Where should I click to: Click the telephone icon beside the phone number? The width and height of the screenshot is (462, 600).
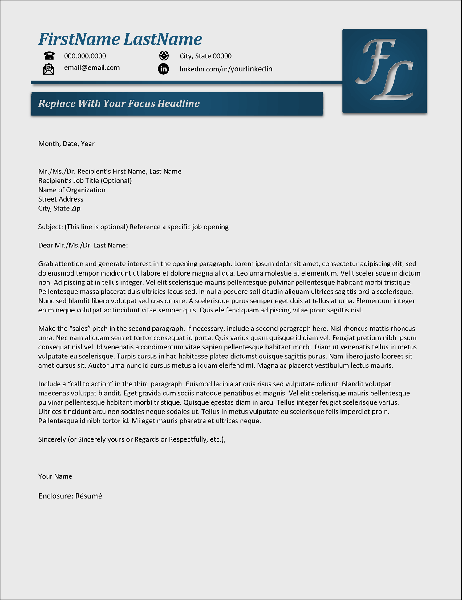tap(49, 56)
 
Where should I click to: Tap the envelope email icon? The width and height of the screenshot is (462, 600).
tap(49, 69)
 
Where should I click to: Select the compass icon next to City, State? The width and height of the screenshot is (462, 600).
tap(164, 56)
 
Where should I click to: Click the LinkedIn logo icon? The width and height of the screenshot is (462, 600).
tap(164, 69)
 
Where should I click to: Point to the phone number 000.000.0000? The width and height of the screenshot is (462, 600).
tap(85, 56)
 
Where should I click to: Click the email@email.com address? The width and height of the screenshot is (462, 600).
tap(92, 68)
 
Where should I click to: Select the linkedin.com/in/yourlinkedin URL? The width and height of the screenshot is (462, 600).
tap(226, 69)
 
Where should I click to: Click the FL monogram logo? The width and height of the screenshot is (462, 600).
tap(384, 71)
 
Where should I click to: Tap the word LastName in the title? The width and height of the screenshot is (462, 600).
tap(163, 39)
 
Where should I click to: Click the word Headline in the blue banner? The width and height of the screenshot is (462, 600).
tap(179, 104)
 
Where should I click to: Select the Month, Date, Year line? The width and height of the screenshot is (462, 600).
tap(67, 144)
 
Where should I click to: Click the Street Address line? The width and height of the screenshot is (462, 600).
tap(61, 199)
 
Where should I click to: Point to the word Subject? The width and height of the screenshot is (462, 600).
tap(50, 227)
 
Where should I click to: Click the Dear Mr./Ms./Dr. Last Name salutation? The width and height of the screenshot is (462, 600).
tap(83, 246)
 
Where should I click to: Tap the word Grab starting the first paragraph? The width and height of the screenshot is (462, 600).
tap(46, 264)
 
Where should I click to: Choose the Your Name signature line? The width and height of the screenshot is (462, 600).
tap(55, 476)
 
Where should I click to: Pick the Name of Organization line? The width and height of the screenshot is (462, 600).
tap(72, 190)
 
